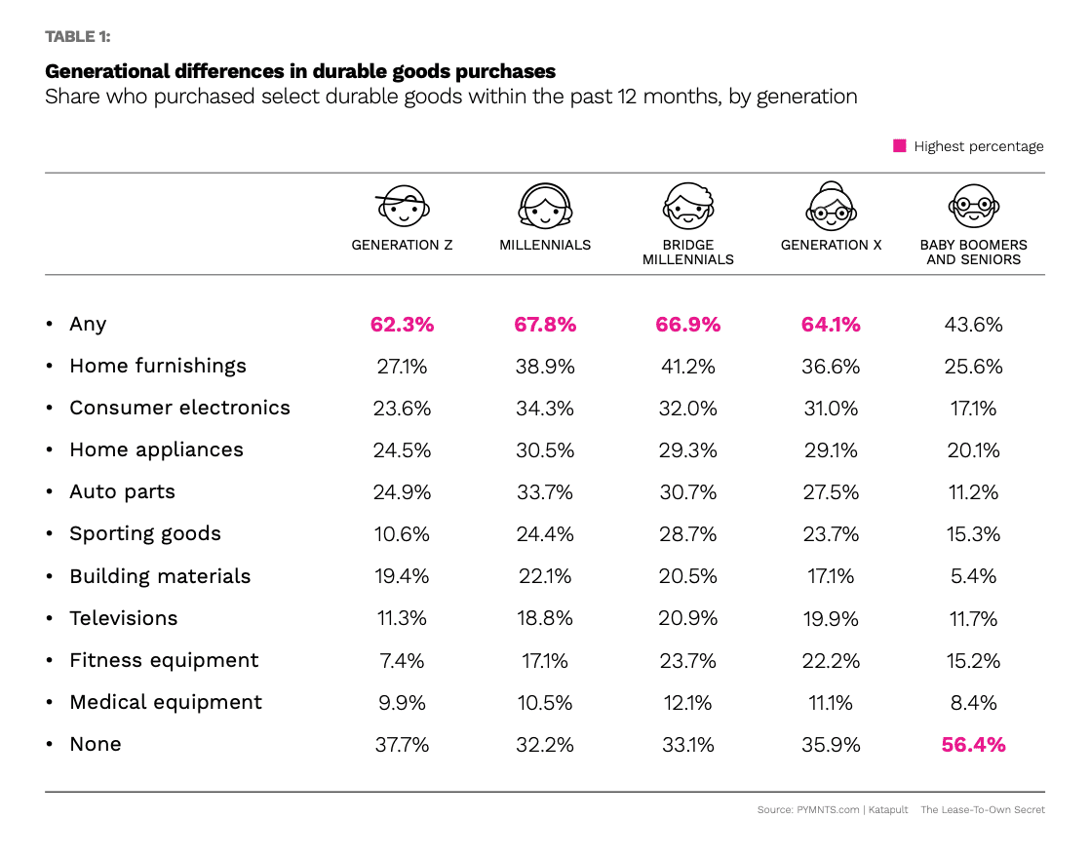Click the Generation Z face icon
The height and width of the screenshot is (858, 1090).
point(402,207)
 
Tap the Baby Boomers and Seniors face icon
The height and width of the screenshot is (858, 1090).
point(973,207)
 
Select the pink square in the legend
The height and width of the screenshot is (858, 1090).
point(900,146)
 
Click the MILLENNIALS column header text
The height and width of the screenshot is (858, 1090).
point(545,245)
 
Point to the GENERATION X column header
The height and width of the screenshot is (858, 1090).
point(831,245)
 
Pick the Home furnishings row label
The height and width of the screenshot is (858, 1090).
point(158,366)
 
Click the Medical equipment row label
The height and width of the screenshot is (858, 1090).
point(166,702)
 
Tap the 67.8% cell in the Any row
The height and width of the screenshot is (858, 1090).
point(545,325)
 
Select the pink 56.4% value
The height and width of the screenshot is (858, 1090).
point(973,745)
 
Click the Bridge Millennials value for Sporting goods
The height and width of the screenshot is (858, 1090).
point(687,534)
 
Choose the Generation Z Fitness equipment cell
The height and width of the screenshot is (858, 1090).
point(402,661)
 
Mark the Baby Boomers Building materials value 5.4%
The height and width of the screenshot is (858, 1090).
point(973,576)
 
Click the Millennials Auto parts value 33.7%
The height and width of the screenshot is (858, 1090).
point(545,492)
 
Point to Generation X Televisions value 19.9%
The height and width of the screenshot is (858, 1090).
point(831,619)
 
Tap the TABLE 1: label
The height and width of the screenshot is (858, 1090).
point(78,37)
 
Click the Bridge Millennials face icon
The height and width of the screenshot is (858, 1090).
point(687,207)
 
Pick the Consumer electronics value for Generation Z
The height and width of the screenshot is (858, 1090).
point(402,409)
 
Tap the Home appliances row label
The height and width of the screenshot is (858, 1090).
point(156,449)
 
